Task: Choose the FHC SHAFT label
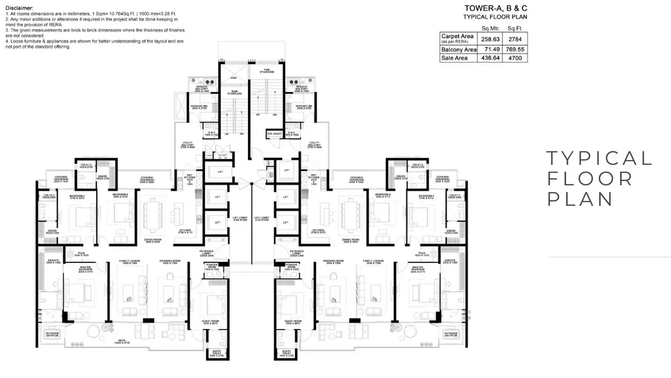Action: [274, 133]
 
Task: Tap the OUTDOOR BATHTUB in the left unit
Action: [52, 334]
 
